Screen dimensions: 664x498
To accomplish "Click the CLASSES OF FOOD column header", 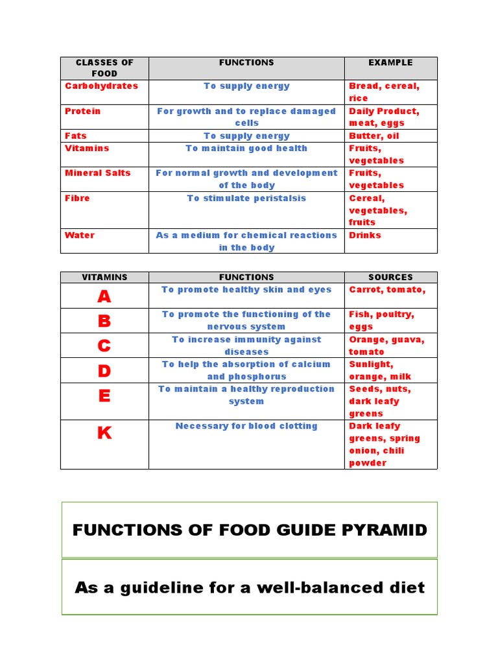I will tap(104, 68).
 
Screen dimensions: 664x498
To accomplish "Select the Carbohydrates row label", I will tap(101, 86).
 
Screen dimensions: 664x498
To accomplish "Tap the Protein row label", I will tap(83, 111).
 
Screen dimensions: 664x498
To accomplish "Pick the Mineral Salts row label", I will tap(97, 172).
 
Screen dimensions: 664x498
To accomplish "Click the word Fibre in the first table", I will tap(77, 198).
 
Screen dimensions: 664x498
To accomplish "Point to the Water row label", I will tap(80, 235).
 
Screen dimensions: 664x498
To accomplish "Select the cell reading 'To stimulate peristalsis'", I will tap(246, 198).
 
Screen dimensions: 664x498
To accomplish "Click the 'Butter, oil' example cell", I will tap(374, 136).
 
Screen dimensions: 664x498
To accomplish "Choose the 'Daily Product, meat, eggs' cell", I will tap(384, 117).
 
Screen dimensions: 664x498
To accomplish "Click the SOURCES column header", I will tap(390, 277).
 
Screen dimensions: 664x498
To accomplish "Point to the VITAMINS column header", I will tap(104, 277).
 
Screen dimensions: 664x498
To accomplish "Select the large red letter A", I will tap(104, 296).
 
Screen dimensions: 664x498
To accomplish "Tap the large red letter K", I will tap(104, 433).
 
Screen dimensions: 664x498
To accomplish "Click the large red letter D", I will tap(104, 371).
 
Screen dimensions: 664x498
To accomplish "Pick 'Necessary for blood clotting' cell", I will tap(246, 426).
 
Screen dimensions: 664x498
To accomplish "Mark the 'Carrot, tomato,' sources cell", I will tap(387, 290).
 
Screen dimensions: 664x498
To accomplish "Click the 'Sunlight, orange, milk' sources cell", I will tap(380, 370).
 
